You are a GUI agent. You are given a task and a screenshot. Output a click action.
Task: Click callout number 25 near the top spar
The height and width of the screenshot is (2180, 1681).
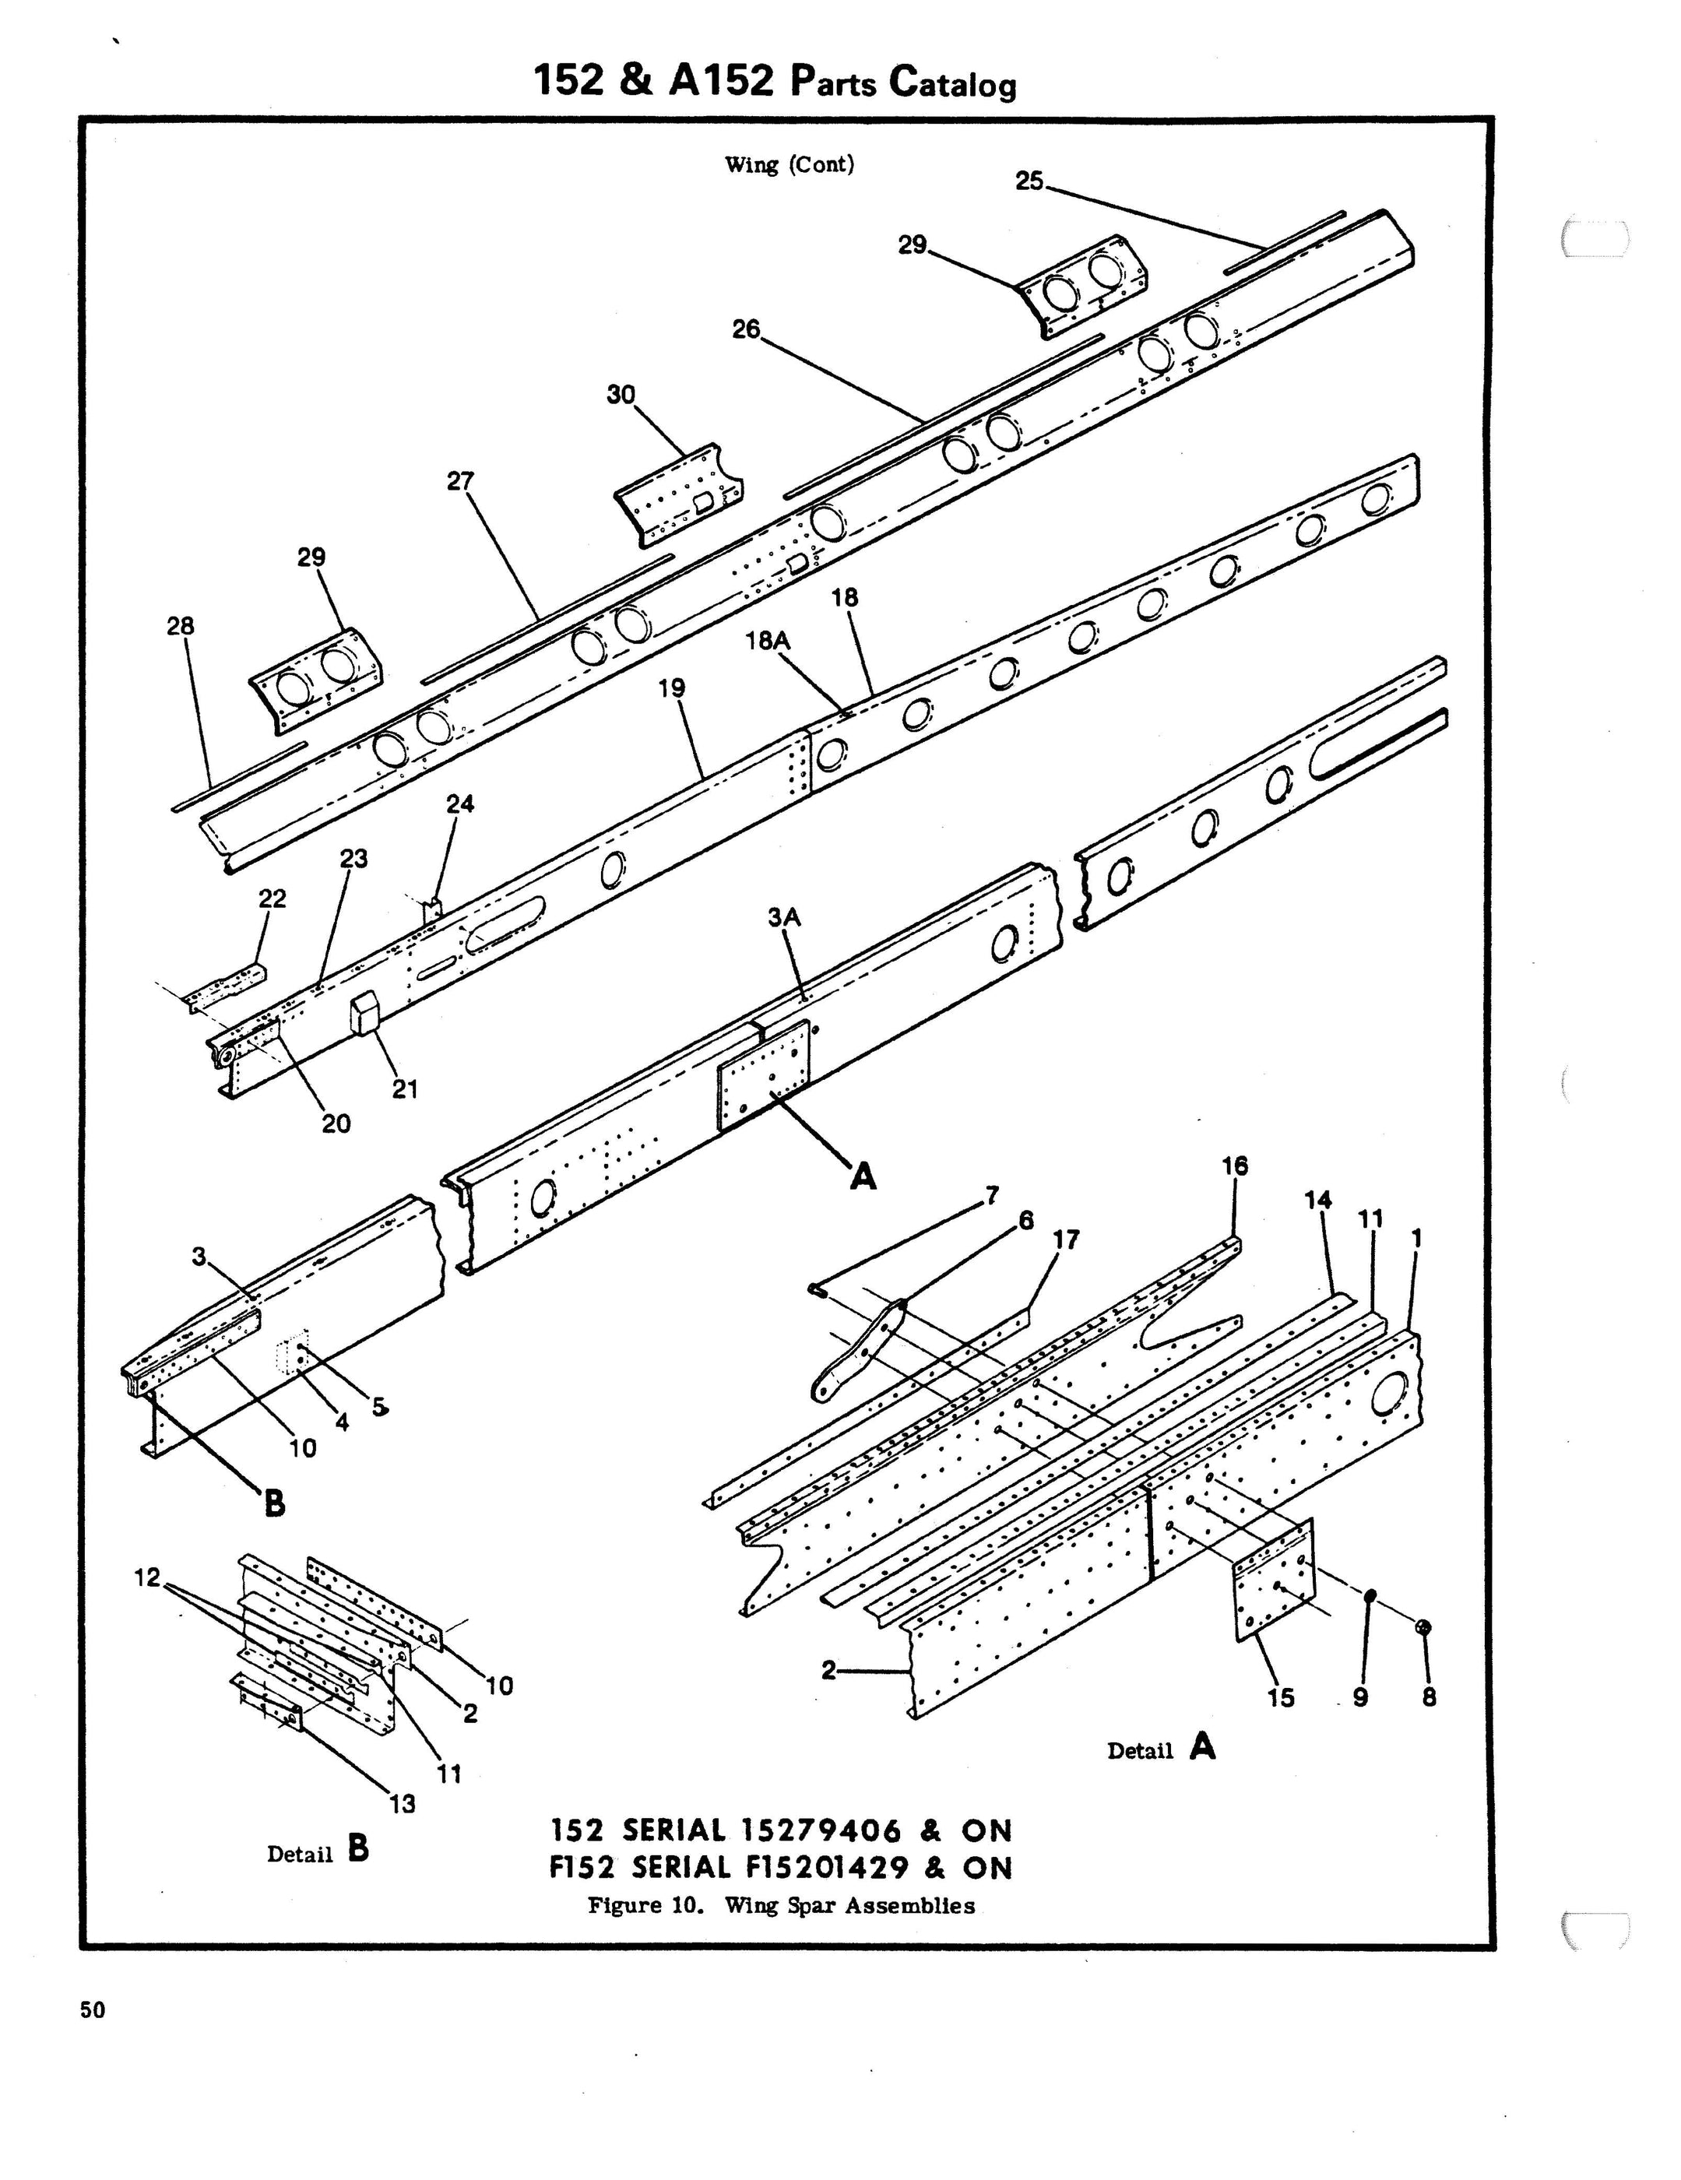(1029, 181)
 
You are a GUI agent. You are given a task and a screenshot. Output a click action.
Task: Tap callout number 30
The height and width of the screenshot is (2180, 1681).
(620, 396)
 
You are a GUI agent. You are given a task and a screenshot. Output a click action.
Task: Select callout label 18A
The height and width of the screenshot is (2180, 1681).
(767, 641)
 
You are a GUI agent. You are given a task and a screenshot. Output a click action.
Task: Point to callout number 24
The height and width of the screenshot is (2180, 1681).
(460, 803)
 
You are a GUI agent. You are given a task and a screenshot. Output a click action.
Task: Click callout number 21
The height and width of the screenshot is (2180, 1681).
(404, 1089)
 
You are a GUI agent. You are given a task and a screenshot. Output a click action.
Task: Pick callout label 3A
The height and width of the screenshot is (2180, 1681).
(785, 917)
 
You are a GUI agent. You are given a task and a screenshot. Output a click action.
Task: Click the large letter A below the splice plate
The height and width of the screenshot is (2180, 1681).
(863, 1177)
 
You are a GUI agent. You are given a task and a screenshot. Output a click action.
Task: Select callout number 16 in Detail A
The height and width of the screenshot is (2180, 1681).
(1235, 1165)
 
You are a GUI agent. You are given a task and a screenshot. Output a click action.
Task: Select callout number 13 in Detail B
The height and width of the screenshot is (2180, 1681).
(403, 1804)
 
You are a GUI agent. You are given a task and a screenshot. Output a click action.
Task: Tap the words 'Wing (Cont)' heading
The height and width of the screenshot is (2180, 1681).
(790, 165)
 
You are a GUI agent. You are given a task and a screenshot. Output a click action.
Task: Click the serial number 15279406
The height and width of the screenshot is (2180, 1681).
(821, 1830)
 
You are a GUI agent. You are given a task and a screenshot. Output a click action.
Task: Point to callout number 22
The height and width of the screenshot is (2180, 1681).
(273, 898)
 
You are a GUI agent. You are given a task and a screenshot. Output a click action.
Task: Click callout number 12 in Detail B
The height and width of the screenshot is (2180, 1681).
(146, 1578)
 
